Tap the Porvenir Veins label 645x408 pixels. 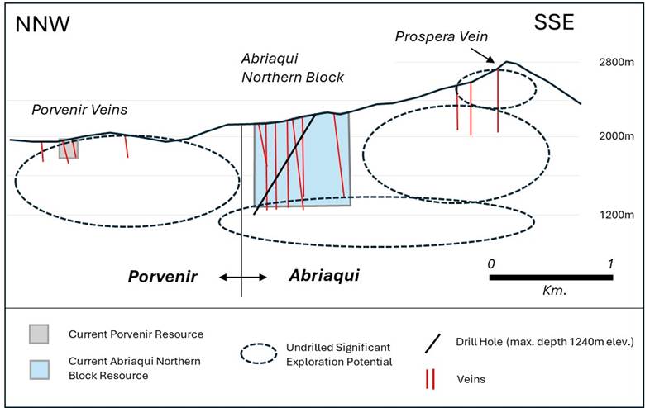[72, 110]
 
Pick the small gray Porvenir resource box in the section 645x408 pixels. [68, 149]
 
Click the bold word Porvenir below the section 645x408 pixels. [162, 277]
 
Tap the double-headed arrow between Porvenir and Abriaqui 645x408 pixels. [243, 278]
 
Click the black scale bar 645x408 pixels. [550, 277]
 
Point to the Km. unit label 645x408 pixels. [550, 292]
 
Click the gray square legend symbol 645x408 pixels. [39, 334]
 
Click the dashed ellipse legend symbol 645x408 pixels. [269, 353]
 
